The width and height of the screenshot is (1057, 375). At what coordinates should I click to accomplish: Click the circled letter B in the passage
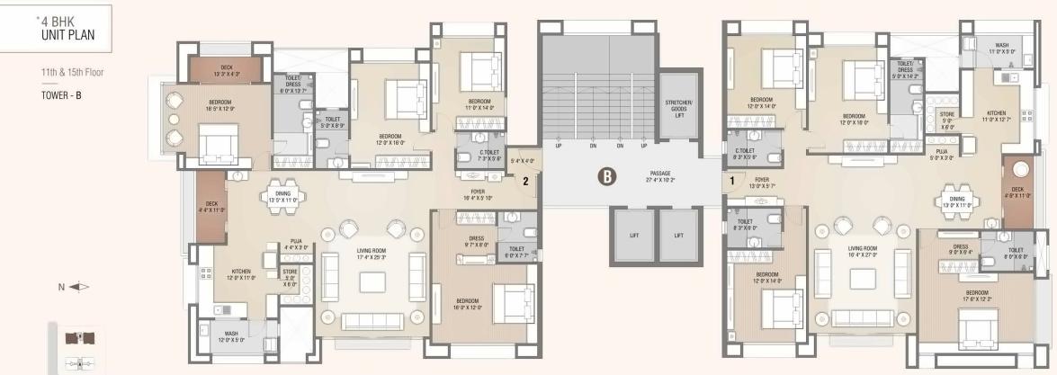pos(607,177)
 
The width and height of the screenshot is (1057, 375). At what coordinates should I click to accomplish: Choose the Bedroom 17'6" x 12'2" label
pos(978,296)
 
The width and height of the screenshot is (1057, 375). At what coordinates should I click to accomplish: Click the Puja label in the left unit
pos(294,243)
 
